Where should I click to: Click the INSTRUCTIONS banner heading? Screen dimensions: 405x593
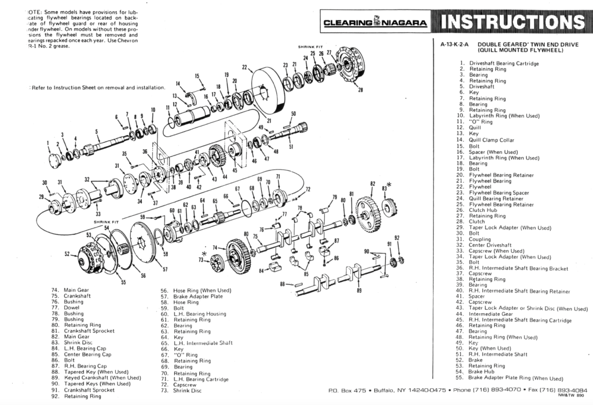tap(513, 22)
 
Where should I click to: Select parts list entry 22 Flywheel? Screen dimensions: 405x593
tap(480, 187)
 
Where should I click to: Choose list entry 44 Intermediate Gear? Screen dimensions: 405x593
tap(490, 314)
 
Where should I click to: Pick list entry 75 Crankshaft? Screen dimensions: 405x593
tap(74, 296)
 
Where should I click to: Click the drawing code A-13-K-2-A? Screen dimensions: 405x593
tap(455, 44)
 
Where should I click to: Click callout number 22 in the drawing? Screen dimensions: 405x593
tap(244, 67)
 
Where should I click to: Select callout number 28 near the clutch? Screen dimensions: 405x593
tap(360, 90)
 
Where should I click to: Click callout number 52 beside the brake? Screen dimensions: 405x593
tap(67, 254)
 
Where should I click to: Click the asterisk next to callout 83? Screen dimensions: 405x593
tap(389, 185)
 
